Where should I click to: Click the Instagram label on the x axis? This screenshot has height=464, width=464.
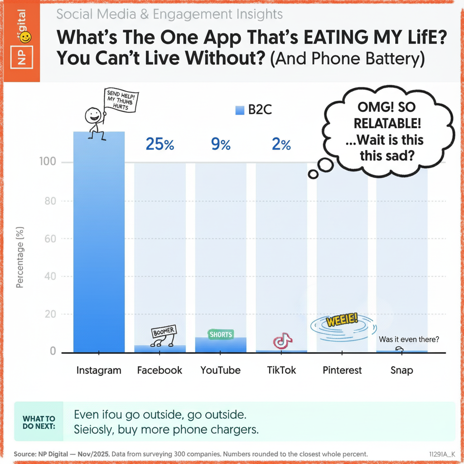tap(99, 370)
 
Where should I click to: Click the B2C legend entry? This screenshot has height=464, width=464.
tap(254, 110)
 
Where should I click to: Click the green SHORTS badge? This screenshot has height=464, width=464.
tap(221, 334)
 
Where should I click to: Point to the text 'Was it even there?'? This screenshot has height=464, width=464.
tap(409, 339)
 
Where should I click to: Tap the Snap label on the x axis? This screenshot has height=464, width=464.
tap(401, 370)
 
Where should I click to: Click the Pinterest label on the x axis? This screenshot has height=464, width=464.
tap(342, 370)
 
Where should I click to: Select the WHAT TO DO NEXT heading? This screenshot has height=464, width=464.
tap(39, 422)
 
